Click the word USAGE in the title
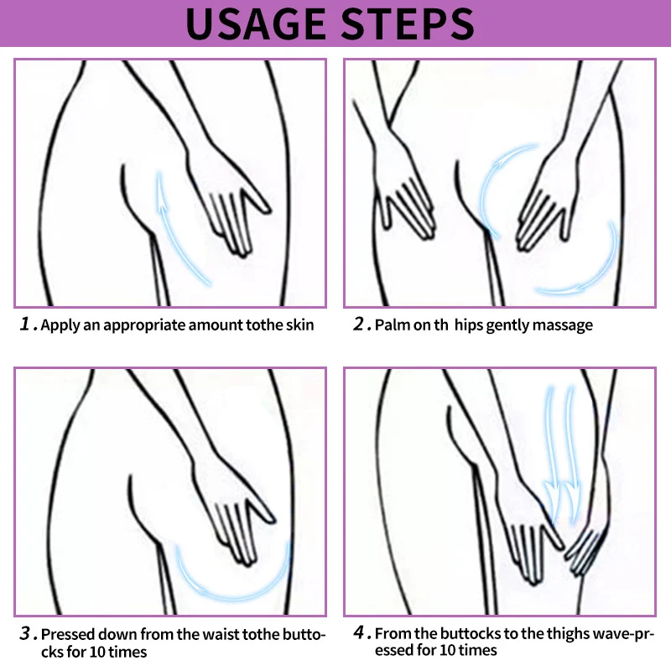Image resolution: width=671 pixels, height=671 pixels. coord(256,24)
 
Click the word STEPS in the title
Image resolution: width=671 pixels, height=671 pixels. coord(408,24)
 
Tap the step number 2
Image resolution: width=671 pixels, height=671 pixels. coord(359,324)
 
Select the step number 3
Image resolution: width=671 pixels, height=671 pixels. coord(26,633)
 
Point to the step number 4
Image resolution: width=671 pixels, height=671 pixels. coord(359,632)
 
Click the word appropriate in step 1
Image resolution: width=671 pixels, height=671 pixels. coord(144,325)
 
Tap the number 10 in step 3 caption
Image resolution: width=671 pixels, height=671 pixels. coord(97,653)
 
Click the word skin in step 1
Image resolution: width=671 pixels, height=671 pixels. coord(299,325)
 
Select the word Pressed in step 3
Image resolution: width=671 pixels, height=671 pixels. coord(66,634)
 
